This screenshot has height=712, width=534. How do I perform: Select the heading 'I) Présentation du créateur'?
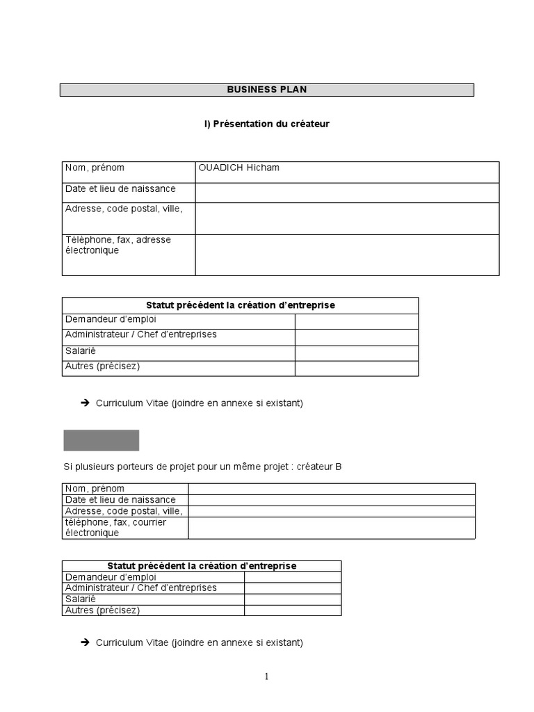[x=267, y=124]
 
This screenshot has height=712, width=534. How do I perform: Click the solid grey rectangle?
[x=102, y=440]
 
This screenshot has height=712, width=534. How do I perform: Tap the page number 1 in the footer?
[x=266, y=677]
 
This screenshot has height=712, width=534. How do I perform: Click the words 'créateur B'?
[x=319, y=467]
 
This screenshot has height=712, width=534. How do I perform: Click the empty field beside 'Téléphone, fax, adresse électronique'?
[x=347, y=254]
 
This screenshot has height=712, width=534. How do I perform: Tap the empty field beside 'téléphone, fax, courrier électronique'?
[x=332, y=527]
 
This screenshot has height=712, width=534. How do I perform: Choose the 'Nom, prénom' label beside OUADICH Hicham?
[x=95, y=168]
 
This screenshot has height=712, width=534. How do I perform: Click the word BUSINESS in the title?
[x=251, y=90]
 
